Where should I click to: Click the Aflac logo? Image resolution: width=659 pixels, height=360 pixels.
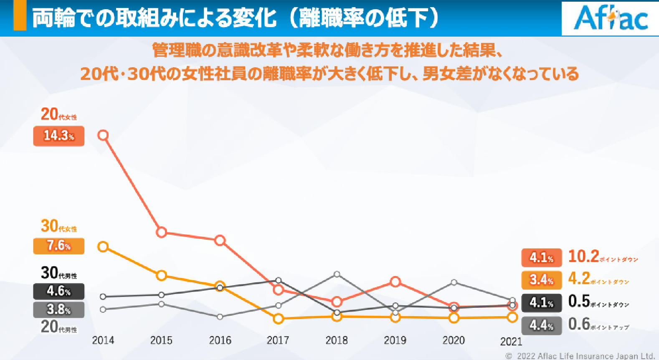click(x=611, y=18)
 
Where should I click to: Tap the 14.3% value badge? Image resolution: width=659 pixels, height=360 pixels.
click(x=59, y=136)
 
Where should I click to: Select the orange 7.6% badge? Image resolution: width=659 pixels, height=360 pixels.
click(x=59, y=246)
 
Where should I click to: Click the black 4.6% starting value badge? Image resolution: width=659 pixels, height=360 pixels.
click(x=59, y=291)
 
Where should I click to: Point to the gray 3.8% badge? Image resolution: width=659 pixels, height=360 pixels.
click(x=59, y=309)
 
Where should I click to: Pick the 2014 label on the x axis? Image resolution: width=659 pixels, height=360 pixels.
click(x=103, y=340)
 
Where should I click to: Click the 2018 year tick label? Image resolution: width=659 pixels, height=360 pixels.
click(x=337, y=340)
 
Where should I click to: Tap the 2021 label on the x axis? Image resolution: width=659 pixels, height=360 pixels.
click(x=511, y=342)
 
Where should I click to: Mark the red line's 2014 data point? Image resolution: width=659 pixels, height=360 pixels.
click(x=103, y=135)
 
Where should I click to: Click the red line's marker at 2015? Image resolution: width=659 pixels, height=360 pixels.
click(x=162, y=232)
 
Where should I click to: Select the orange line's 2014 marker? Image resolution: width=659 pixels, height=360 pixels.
click(x=103, y=247)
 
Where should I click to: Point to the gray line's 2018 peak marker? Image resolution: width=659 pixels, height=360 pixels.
click(x=337, y=274)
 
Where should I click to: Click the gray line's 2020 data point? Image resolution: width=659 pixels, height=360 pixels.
click(x=454, y=282)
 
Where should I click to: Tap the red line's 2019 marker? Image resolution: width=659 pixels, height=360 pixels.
click(x=395, y=282)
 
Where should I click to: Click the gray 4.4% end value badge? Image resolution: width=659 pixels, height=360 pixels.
click(x=541, y=325)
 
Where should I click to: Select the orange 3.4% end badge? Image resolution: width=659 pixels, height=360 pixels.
click(x=541, y=279)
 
